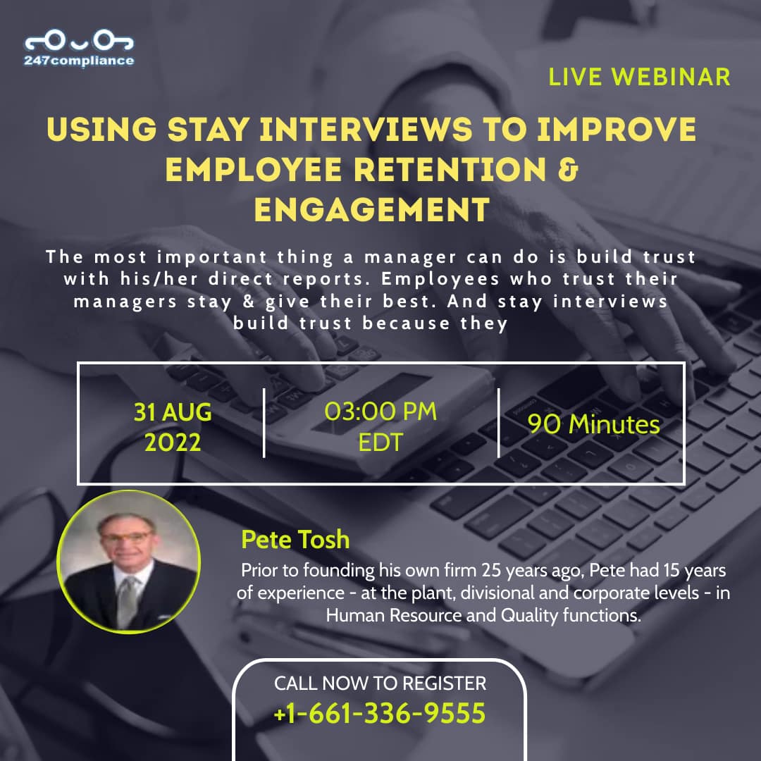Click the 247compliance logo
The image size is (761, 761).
(79, 48)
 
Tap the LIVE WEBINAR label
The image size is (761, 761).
(639, 78)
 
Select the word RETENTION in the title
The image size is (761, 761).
(450, 170)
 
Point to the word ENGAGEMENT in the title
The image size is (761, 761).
(372, 210)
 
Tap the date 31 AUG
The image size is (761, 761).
(173, 412)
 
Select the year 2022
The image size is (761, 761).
(173, 443)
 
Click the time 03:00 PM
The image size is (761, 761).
(380, 412)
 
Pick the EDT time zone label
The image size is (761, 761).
(380, 442)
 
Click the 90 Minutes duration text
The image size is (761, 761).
(593, 424)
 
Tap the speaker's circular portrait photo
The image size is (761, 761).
(129, 562)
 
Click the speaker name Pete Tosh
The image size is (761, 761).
(295, 539)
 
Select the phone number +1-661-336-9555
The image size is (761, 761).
(380, 713)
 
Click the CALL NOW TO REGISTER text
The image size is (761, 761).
(380, 683)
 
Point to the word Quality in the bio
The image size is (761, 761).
(529, 615)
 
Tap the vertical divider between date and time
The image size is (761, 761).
(264, 423)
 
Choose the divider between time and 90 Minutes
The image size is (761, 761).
(498, 423)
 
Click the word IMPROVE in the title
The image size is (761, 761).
(617, 130)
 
